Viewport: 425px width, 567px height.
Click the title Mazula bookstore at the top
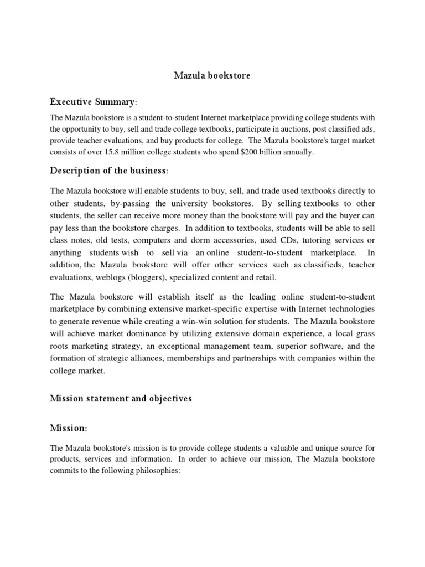click(x=212, y=75)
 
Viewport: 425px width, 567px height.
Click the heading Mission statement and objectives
click(x=121, y=399)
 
